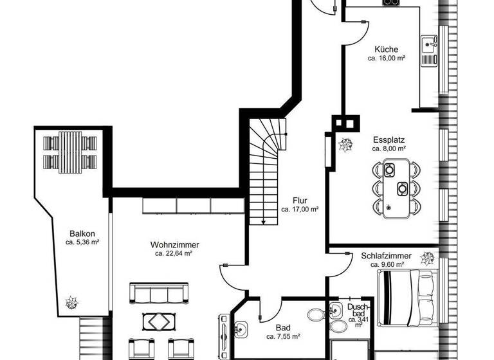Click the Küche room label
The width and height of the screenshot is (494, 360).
tap(386, 50)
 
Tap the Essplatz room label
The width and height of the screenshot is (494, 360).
tap(389, 139)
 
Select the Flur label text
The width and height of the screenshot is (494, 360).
tap(300, 200)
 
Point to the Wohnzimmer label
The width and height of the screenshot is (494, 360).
tap(174, 244)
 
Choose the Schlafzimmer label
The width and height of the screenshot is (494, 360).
tap(386, 255)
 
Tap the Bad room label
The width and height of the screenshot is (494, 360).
tap(283, 327)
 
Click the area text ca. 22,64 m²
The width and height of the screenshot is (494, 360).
tap(174, 253)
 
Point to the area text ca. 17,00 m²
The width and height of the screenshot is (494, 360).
tap(300, 209)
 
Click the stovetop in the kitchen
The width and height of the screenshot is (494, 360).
tap(391, 3)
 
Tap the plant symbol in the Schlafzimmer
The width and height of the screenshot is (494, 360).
tap(426, 259)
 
